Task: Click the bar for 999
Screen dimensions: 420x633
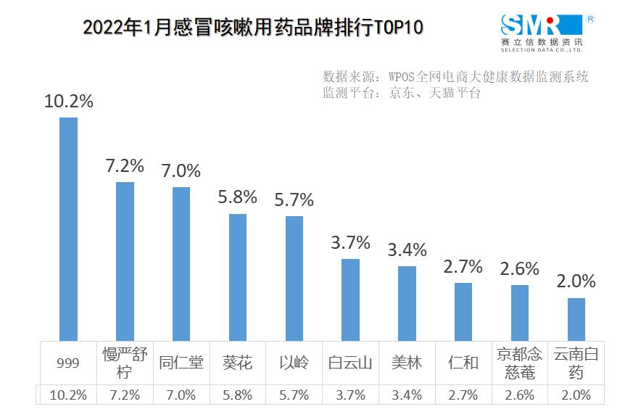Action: point(68,228)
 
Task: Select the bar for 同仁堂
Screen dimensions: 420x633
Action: point(181,263)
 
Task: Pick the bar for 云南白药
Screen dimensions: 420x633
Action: point(576,318)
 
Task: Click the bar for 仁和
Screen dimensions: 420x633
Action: point(463,311)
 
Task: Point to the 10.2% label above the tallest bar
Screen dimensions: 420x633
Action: point(69,102)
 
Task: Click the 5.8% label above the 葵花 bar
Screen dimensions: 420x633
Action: point(238,197)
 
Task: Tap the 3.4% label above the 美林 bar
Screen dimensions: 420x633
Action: point(407,250)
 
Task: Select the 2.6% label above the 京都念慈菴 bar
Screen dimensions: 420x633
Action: point(520,268)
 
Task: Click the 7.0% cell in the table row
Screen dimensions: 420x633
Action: point(181,395)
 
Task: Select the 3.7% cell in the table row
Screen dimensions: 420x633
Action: point(350,395)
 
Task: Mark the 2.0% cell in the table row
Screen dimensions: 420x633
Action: point(576,395)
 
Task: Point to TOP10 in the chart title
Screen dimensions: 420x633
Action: point(398,28)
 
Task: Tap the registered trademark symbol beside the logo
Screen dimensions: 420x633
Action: point(590,18)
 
